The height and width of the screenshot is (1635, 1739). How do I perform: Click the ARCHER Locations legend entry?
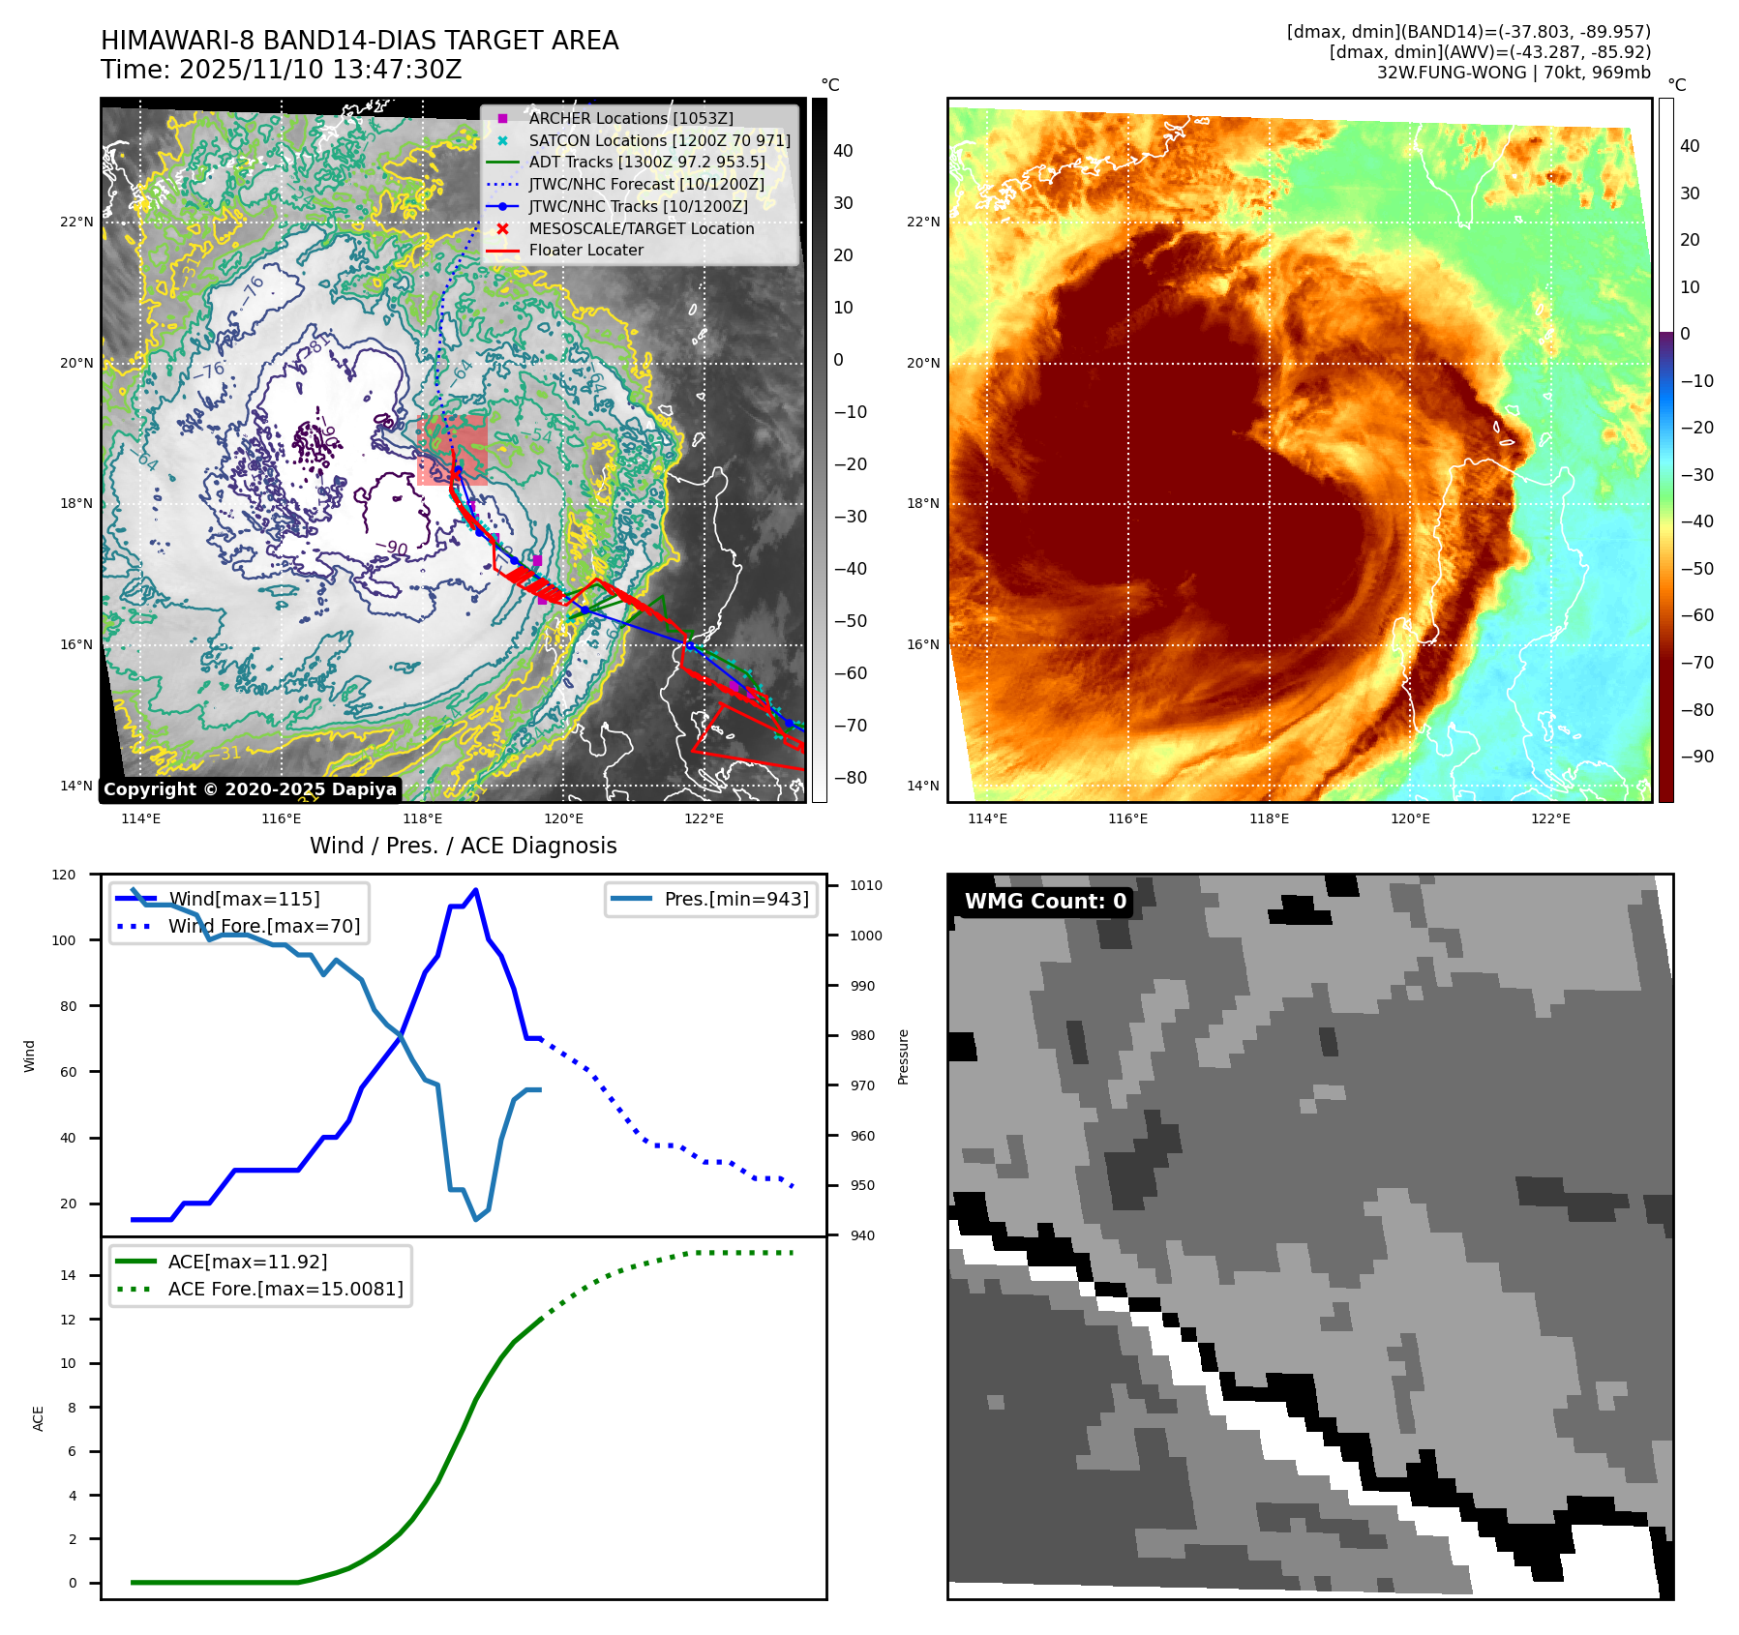(x=630, y=118)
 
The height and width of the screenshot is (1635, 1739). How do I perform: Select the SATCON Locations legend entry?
(x=659, y=140)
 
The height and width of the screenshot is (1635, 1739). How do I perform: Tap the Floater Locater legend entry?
(x=585, y=250)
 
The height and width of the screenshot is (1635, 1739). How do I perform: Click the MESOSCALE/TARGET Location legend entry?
(x=641, y=228)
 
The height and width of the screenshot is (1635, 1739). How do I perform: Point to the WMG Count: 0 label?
(x=1045, y=902)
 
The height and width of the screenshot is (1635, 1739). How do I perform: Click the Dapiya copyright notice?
(x=250, y=789)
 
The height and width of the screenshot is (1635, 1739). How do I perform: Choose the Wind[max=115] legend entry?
(x=244, y=899)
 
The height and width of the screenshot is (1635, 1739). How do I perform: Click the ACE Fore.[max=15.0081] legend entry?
(x=285, y=1289)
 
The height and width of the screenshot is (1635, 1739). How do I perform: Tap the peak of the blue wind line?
(x=475, y=890)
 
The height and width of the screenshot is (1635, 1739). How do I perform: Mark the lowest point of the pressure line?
(x=476, y=1219)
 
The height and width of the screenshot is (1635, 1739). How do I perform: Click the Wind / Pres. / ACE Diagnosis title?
(x=463, y=846)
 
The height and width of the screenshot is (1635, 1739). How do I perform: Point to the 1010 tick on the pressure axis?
(x=866, y=885)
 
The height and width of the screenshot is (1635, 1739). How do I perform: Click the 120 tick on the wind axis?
(x=64, y=875)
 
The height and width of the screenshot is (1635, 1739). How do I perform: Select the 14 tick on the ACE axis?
(x=69, y=1275)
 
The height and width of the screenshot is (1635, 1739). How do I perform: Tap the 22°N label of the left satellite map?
(x=76, y=222)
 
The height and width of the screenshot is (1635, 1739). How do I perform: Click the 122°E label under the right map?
(x=1550, y=818)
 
